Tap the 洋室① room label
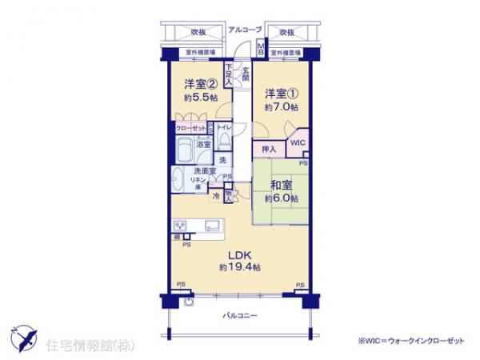[282, 90]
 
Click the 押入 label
[269, 149]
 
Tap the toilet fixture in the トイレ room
[224, 142]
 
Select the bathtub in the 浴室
[186, 149]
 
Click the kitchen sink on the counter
[214, 225]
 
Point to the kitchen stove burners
[179, 226]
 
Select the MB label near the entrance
[261, 50]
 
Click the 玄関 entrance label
[246, 74]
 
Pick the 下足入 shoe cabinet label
[229, 75]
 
